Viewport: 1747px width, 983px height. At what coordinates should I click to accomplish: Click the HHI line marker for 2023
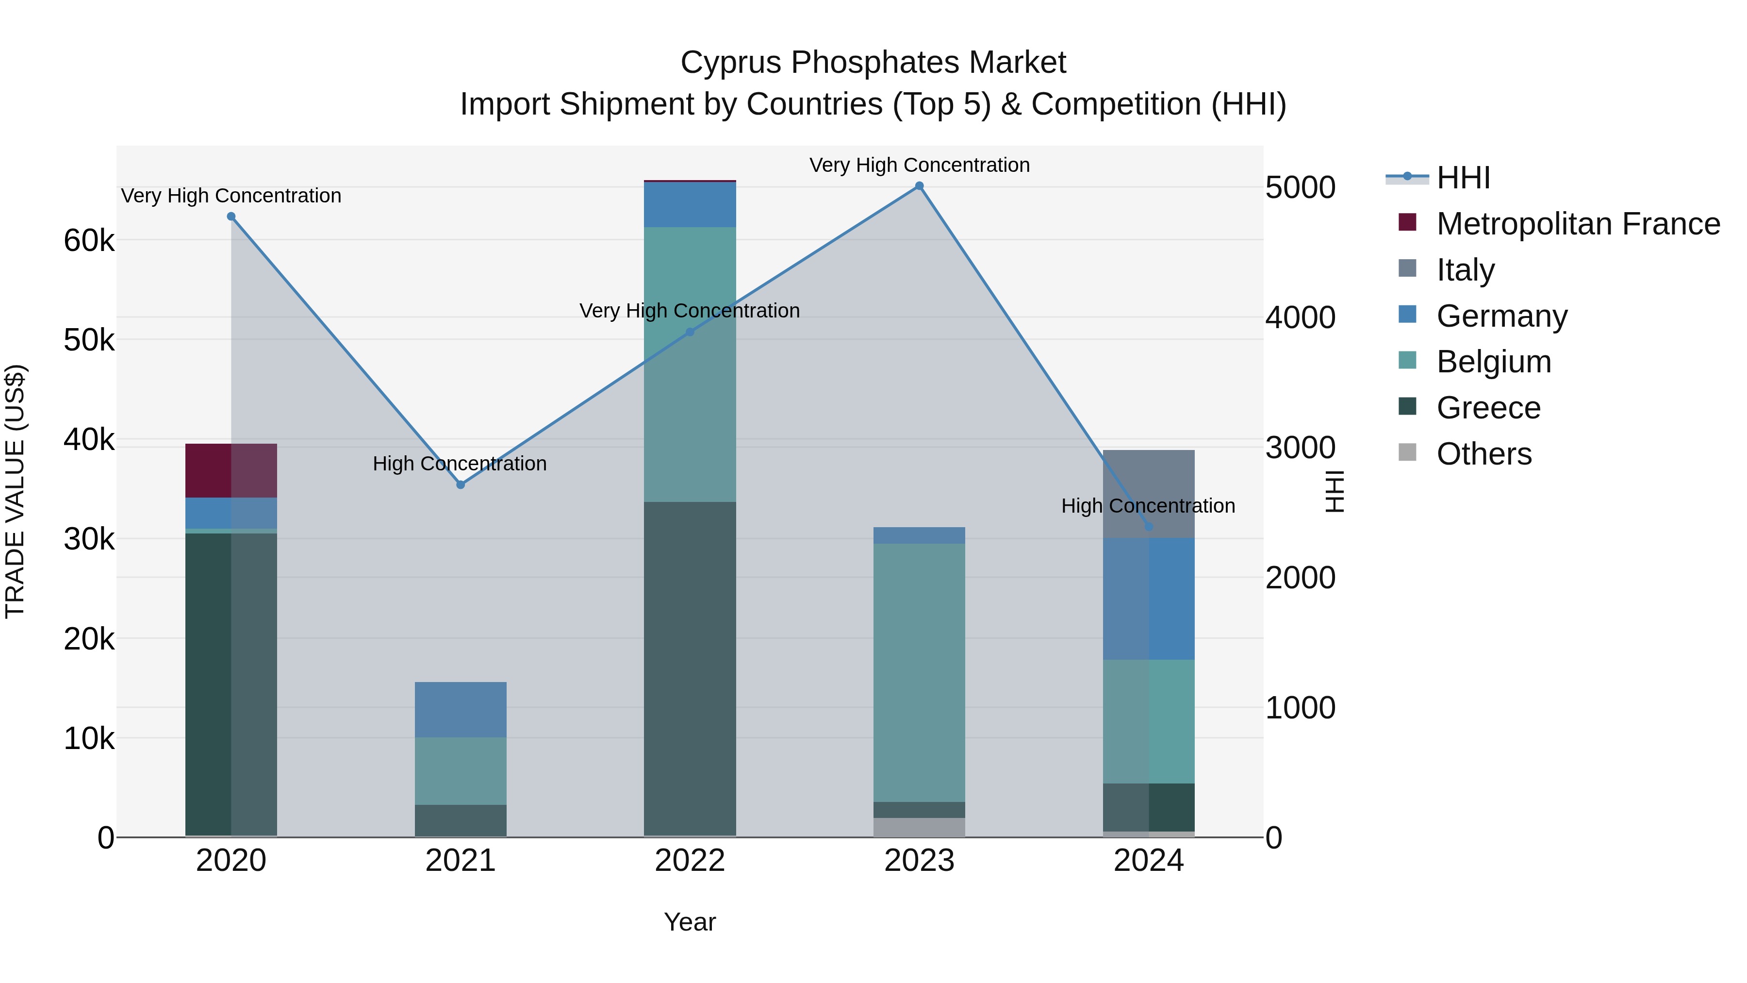pos(919,186)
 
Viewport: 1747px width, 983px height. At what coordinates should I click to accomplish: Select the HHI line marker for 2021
pos(461,484)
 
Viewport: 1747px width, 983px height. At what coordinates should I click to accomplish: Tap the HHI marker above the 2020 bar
pos(231,217)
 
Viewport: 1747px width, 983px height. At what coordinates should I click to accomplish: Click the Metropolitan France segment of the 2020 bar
pos(231,471)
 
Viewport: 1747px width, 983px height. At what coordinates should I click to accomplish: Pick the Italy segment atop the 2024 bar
pos(1148,493)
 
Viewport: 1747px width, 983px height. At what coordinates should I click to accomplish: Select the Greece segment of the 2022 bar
pos(690,668)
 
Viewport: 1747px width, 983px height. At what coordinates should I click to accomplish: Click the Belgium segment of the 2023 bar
pos(919,672)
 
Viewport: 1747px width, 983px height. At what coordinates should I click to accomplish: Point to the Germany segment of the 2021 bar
pos(461,709)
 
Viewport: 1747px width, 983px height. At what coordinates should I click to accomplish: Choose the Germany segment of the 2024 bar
pos(1148,599)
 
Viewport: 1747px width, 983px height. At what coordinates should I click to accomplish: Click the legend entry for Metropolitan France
pos(1578,224)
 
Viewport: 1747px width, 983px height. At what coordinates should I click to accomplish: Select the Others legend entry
pos(1484,454)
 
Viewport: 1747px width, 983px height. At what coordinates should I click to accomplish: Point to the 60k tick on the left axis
pos(89,240)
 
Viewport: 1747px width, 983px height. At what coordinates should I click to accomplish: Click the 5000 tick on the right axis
pos(1300,187)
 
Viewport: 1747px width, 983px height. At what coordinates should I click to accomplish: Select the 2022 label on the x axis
pos(690,861)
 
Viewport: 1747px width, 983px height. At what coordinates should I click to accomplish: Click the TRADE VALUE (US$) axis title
pos(15,491)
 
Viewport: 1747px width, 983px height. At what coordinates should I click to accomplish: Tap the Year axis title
pos(690,922)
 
